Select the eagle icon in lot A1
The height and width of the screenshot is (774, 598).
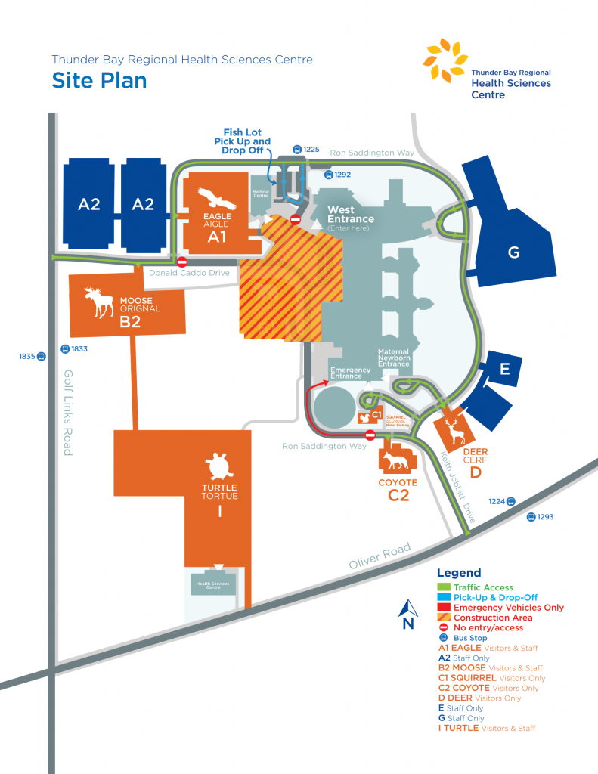(217, 199)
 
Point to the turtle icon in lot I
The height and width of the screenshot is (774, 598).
(219, 466)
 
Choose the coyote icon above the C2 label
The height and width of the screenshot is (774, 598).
(397, 461)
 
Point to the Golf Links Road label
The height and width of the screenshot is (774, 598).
(68, 412)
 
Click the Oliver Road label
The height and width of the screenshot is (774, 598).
(380, 557)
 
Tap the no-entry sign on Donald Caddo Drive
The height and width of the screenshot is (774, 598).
(182, 262)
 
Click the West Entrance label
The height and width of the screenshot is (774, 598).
(350, 215)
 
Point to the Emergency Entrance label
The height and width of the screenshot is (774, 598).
(351, 373)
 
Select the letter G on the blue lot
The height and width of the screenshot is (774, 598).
(513, 252)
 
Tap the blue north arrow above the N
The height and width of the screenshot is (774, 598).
(407, 607)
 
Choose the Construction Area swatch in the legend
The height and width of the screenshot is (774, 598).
(445, 618)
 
